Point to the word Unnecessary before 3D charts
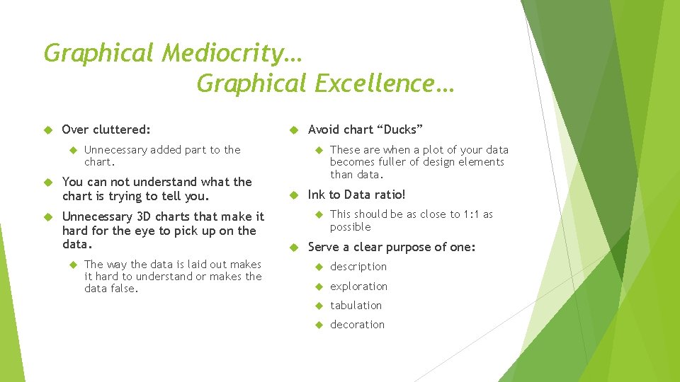coord(97,216)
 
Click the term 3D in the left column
coord(144,216)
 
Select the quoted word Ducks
coord(400,129)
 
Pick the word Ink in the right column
coord(317,195)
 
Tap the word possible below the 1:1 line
coord(350,227)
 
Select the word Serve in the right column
coord(324,247)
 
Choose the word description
coord(358,267)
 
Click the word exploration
coord(358,286)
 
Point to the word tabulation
coord(356,306)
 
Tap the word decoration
coord(357,325)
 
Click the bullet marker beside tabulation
coord(318,306)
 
